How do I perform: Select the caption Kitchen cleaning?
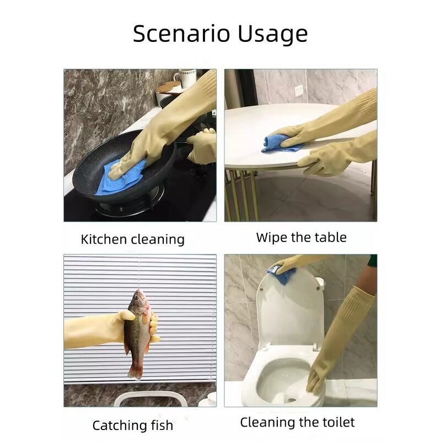click(x=132, y=239)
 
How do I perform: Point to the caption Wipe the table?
click(x=301, y=238)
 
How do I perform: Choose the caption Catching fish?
click(x=132, y=426)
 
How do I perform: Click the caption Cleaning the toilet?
click(x=297, y=423)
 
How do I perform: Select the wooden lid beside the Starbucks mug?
click(x=168, y=87)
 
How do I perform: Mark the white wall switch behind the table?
click(x=299, y=90)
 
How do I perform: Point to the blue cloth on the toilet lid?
click(x=281, y=274)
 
